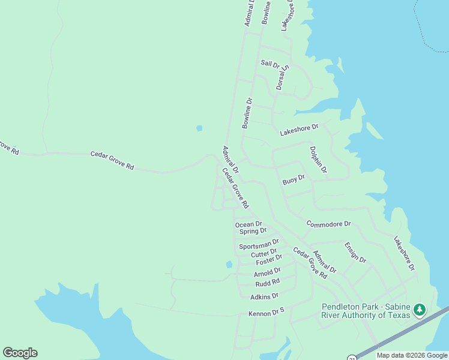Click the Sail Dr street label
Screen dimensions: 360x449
pyautogui.click(x=270, y=64)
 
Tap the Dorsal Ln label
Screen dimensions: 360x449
pyautogui.click(x=282, y=77)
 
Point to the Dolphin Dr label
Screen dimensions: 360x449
pyautogui.click(x=318, y=160)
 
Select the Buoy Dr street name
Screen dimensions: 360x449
pyautogui.click(x=294, y=179)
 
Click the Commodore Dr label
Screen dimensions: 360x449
pyautogui.click(x=328, y=224)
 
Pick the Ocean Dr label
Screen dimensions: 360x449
pyautogui.click(x=249, y=224)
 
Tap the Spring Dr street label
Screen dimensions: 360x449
pyautogui.click(x=253, y=231)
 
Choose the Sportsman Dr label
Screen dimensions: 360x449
pyautogui.click(x=259, y=245)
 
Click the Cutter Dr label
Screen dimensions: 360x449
pyautogui.click(x=264, y=253)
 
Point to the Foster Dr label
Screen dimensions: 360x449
pyautogui.click(x=268, y=261)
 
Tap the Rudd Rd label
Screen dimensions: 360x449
pyautogui.click(x=268, y=283)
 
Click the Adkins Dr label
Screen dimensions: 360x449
pyautogui.click(x=264, y=296)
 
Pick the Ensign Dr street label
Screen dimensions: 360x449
pyautogui.click(x=355, y=252)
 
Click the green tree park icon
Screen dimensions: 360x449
pyautogui.click(x=421, y=310)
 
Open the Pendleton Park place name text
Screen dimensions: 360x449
pyautogui.click(x=366, y=310)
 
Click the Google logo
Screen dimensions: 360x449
pyautogui.click(x=20, y=353)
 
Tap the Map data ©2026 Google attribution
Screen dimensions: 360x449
pyautogui.click(x=412, y=355)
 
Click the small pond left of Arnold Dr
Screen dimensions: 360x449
pyautogui.click(x=229, y=264)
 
